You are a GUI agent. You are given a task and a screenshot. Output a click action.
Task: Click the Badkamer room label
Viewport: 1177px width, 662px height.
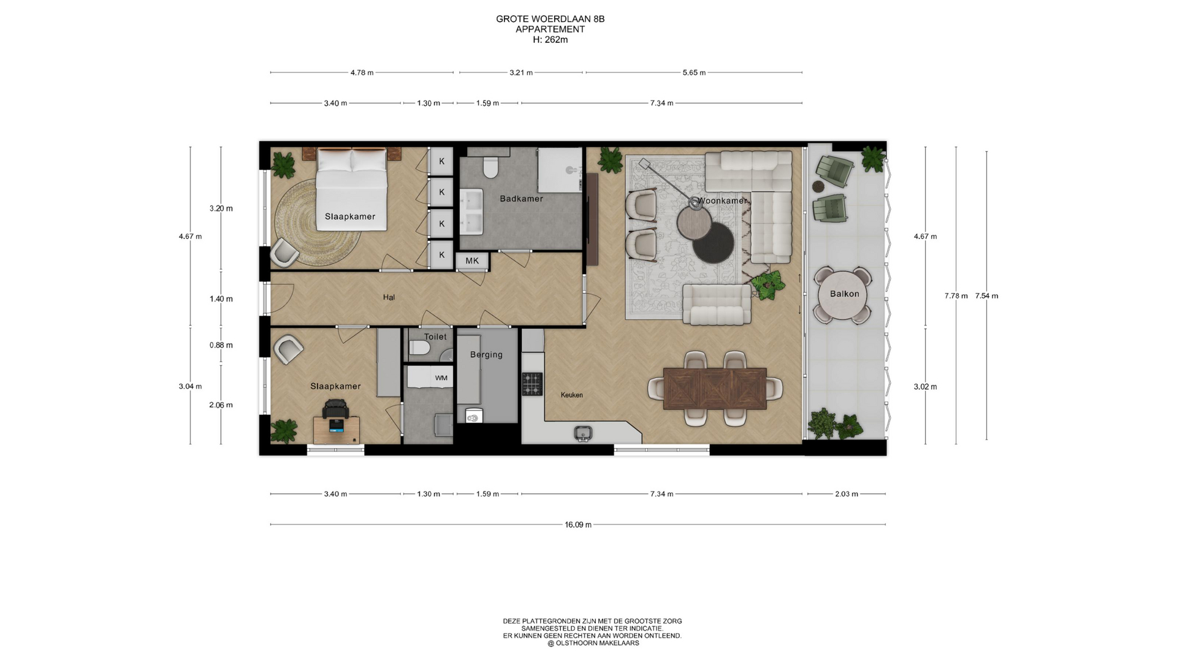coord(521,199)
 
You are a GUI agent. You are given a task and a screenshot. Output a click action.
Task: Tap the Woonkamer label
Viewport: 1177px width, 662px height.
coord(723,200)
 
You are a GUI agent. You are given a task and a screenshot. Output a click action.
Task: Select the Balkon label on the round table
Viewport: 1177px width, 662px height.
coord(844,294)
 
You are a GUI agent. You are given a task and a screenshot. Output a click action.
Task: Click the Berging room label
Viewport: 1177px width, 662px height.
coord(486,354)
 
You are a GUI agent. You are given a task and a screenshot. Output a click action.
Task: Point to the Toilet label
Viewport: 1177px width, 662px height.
coord(435,337)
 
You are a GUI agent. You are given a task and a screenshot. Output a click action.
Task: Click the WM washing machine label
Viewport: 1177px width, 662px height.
coord(441,378)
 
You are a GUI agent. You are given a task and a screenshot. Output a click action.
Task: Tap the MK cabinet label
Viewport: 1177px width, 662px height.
coord(472,261)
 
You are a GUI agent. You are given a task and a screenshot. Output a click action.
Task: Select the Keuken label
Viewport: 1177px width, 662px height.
coord(571,395)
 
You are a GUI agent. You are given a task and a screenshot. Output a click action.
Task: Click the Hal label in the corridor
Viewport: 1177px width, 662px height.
coord(389,297)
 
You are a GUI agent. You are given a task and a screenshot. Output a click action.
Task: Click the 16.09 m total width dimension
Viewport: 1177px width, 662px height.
coord(578,525)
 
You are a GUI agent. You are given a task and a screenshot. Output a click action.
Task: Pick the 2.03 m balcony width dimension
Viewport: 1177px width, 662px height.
coord(846,494)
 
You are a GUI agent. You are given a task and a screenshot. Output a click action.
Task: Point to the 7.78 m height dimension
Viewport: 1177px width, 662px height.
coord(956,296)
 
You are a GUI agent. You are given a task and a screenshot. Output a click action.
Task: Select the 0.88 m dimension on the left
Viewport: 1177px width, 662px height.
coord(221,345)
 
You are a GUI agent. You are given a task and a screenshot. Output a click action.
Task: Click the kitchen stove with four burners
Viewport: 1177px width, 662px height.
coord(532,384)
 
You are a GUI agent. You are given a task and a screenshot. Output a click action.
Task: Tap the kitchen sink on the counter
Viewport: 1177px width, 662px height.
coord(584,433)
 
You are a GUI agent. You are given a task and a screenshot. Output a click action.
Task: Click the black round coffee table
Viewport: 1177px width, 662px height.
coord(714,242)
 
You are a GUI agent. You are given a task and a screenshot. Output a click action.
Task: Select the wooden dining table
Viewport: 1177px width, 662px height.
coord(715,389)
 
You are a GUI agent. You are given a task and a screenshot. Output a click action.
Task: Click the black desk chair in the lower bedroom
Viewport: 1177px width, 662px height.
coord(335,409)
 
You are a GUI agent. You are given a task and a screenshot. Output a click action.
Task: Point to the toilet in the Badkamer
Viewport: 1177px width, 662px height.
coord(490,167)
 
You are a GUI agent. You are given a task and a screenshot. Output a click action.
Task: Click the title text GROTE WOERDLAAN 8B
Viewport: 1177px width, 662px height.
coord(550,19)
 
